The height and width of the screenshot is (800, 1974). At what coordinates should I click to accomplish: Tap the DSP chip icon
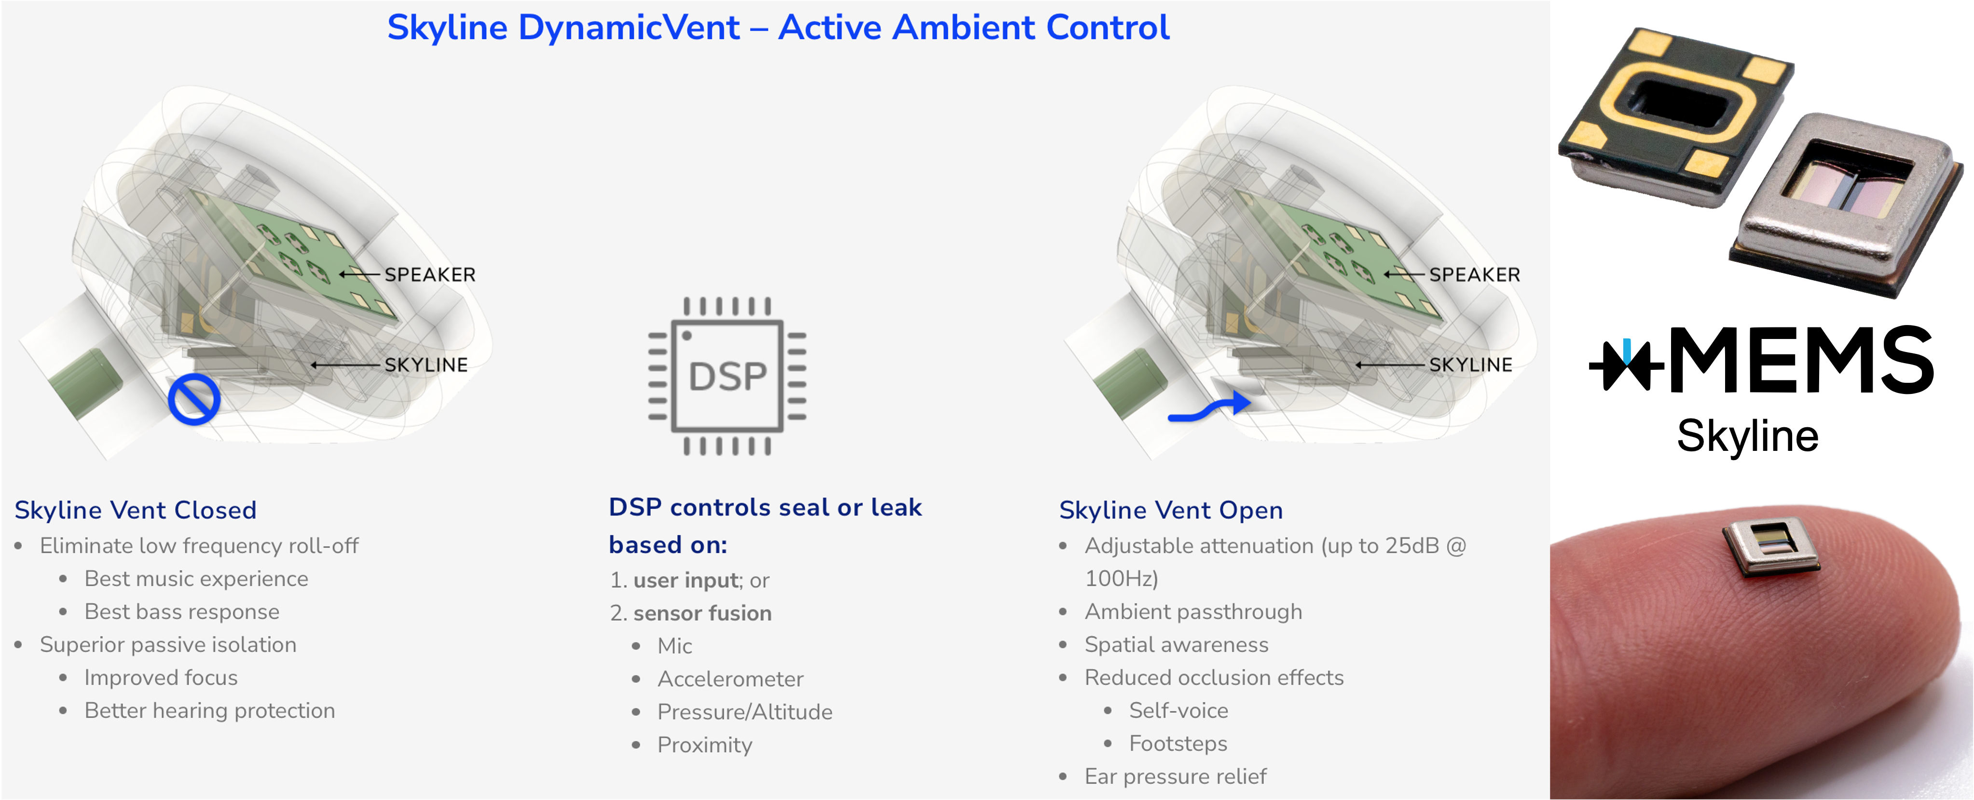click(x=727, y=376)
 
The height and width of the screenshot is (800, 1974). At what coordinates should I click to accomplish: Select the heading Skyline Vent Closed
click(x=136, y=510)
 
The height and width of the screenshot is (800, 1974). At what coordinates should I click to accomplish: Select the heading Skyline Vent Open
click(x=1171, y=510)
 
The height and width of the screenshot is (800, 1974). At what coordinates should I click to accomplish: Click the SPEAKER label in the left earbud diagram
click(x=430, y=274)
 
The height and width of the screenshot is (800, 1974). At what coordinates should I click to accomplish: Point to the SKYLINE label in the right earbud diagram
click(x=1470, y=365)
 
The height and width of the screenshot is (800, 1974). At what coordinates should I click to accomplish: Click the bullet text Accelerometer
click(x=730, y=679)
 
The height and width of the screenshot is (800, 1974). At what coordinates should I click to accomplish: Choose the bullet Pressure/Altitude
click(x=745, y=712)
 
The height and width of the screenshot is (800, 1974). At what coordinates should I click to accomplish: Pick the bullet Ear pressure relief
click(x=1176, y=776)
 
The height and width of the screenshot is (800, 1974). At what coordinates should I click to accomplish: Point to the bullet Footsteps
click(x=1178, y=743)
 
